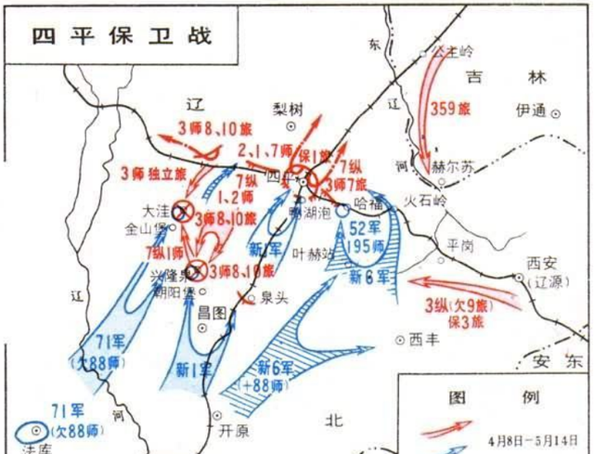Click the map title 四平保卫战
(x=121, y=36)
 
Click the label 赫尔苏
(x=458, y=168)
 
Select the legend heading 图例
(x=492, y=397)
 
